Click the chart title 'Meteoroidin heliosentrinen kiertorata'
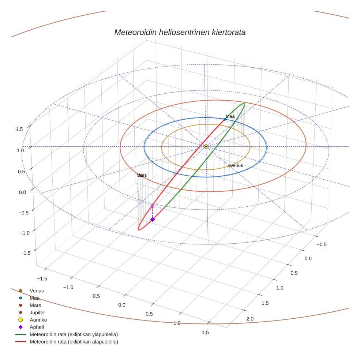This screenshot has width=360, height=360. point(180,32)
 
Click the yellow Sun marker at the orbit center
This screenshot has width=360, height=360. point(206,146)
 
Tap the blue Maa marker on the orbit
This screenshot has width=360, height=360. point(225,119)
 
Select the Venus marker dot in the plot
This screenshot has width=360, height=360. point(229,166)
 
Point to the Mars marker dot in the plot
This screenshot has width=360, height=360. point(140,175)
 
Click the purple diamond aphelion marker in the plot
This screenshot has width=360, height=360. point(153,219)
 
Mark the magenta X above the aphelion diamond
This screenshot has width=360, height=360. point(153,206)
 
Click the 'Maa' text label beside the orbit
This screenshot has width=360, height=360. point(230,116)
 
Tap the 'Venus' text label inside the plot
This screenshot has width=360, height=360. point(237,165)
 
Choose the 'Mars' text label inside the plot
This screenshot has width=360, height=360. point(142,175)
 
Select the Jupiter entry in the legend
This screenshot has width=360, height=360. point(37,313)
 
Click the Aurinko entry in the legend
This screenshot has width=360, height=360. point(38,320)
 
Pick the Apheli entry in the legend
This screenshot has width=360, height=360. point(37,327)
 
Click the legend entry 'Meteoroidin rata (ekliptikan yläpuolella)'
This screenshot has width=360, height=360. point(74,335)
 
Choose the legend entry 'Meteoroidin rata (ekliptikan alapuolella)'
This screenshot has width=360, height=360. point(74,342)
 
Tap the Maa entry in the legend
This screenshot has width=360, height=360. point(34,298)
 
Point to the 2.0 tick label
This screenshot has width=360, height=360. point(250,319)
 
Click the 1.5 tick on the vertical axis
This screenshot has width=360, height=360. point(19,129)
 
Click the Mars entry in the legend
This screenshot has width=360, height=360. point(35,305)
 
